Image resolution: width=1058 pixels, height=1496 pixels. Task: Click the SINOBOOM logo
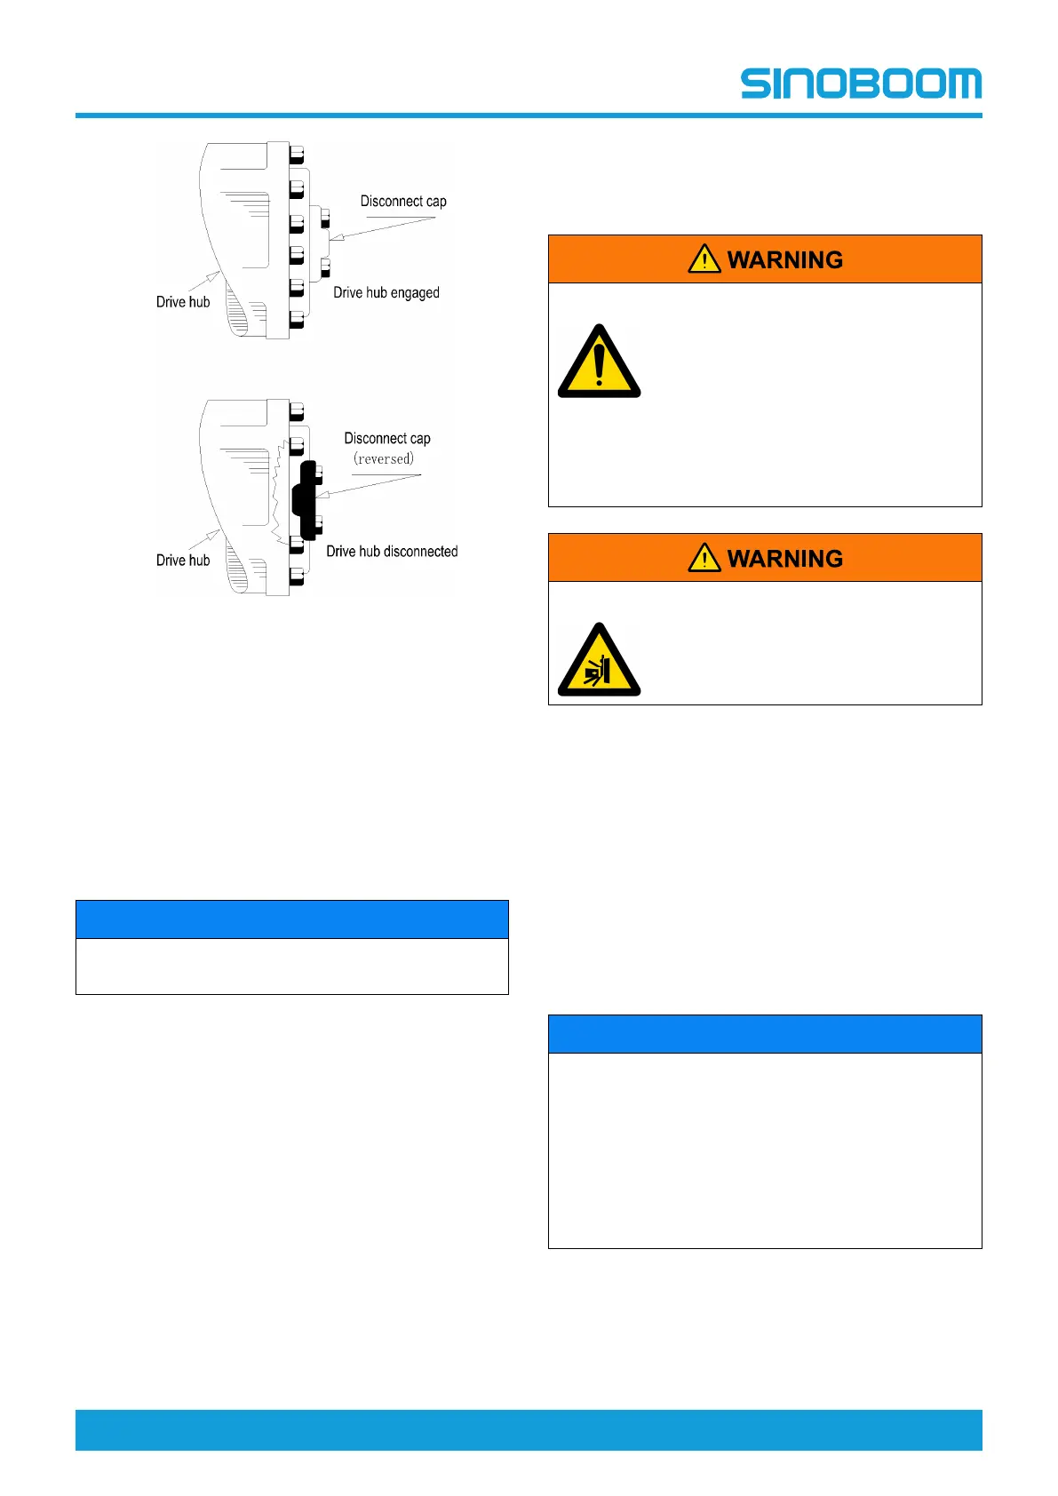click(x=860, y=84)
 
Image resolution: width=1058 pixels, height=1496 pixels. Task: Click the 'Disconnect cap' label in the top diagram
click(x=403, y=202)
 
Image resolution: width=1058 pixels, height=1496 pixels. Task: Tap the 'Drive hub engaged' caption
click(x=386, y=293)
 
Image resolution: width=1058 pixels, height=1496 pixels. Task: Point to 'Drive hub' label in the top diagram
click(x=183, y=302)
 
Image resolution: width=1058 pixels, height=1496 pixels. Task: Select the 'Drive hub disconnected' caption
click(x=392, y=552)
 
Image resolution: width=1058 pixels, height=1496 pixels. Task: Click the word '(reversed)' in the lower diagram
click(x=384, y=459)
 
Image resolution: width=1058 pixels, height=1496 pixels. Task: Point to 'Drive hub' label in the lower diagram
click(x=183, y=561)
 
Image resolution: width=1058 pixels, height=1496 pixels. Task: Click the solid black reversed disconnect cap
click(x=306, y=499)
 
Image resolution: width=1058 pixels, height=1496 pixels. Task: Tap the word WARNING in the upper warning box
click(x=784, y=260)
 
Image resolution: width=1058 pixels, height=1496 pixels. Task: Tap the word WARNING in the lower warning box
click(x=784, y=559)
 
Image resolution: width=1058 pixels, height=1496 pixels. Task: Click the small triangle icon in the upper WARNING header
click(x=704, y=259)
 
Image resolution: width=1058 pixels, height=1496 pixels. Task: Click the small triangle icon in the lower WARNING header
click(x=704, y=557)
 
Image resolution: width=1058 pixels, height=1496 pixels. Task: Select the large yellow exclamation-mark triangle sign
click(x=599, y=363)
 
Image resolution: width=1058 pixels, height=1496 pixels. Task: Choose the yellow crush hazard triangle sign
click(x=599, y=662)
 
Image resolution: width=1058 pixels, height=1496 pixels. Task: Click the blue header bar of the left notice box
click(x=291, y=919)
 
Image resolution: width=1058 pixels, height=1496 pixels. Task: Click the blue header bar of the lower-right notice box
click(x=764, y=1034)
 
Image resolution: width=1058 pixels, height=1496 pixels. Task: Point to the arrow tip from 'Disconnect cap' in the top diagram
click(x=331, y=239)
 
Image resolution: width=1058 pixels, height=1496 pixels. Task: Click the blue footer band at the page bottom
click(x=529, y=1429)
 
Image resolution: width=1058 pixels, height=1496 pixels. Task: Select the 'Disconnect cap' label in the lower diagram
click(x=387, y=439)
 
